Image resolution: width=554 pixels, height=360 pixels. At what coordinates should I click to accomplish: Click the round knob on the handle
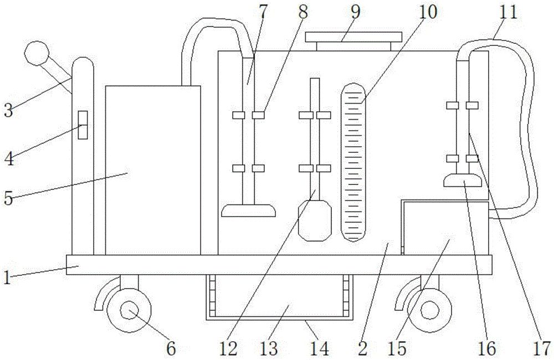tap(37, 53)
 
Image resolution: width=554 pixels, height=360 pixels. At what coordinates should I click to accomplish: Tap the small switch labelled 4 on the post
tap(83, 125)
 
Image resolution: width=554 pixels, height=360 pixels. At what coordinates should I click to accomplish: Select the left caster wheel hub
tap(129, 310)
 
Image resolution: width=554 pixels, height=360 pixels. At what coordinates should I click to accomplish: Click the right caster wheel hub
tap(429, 310)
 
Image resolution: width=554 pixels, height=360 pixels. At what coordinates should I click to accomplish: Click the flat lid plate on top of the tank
tap(353, 37)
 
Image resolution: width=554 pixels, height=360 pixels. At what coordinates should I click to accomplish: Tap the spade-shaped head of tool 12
tap(315, 220)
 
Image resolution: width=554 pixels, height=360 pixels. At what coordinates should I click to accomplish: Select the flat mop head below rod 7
tap(248, 210)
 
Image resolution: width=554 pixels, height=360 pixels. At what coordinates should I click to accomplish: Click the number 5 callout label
tap(8, 198)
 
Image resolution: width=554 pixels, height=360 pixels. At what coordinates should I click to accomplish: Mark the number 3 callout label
tap(8, 110)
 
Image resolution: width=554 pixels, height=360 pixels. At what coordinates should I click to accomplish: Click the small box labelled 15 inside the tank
tap(445, 228)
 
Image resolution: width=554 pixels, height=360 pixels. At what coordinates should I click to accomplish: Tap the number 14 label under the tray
tap(320, 348)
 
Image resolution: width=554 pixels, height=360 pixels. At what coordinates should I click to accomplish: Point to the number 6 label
tap(171, 348)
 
